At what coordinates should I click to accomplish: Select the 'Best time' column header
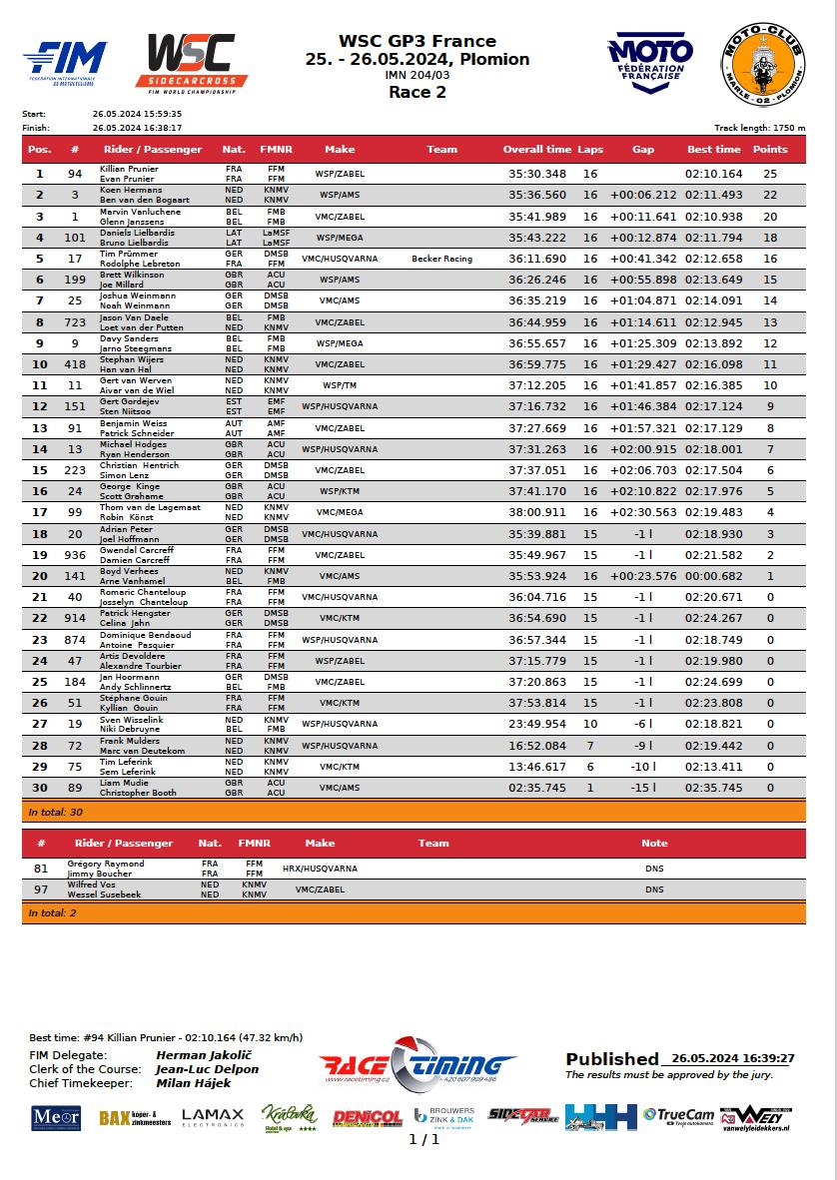coord(713,149)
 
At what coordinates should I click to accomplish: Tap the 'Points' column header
coord(769,149)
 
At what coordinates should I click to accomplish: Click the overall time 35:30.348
coord(536,174)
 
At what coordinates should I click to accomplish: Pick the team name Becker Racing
coord(441,259)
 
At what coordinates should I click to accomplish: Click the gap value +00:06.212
coord(643,195)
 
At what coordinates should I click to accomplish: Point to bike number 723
coord(75,322)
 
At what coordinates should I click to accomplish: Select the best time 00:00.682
coord(713,576)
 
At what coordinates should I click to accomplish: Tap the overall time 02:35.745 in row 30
coord(536,788)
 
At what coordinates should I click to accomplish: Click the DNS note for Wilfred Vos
coord(654,889)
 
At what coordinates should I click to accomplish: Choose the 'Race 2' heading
coord(418,93)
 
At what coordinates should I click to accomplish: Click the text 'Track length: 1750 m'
coord(759,128)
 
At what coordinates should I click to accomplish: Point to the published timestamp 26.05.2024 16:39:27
coord(732,1058)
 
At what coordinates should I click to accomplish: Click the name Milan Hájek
coord(194,1083)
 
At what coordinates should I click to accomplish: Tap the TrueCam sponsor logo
coord(678,1115)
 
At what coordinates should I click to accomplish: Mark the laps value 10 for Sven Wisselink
coord(590,725)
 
